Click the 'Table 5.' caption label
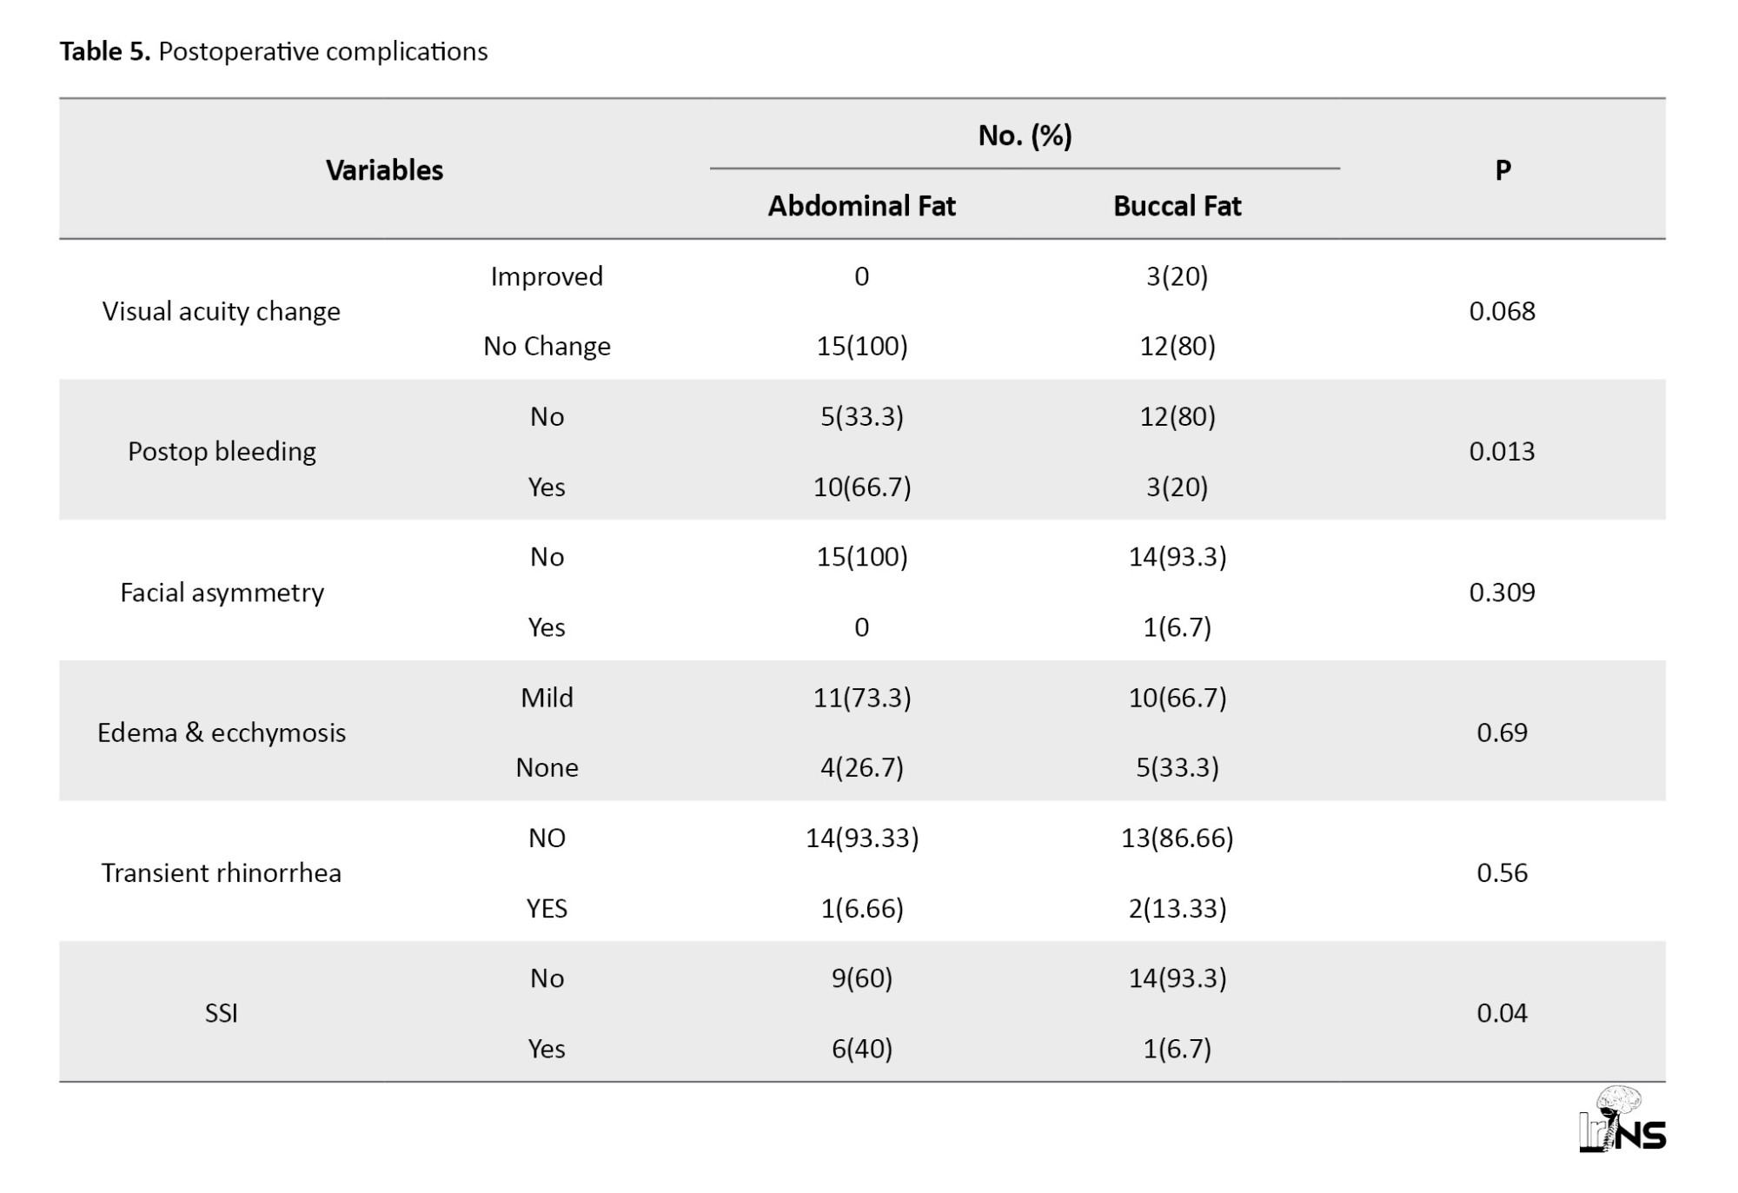[x=105, y=51]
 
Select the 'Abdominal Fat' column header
[x=861, y=206]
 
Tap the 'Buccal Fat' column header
[x=1177, y=206]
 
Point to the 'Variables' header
[x=384, y=170]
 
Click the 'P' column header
[x=1503, y=170]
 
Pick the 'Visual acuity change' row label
[x=222, y=311]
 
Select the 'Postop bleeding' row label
[x=222, y=452]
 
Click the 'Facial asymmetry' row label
[x=222, y=593]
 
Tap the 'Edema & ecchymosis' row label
[x=222, y=732]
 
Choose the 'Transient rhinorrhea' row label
[x=222, y=872]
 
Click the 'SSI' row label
[x=222, y=1013]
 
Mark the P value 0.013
[x=1503, y=452]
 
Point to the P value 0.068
[x=1503, y=311]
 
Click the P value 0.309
[x=1503, y=593]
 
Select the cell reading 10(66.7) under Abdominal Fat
[x=862, y=487]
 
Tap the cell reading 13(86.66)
[x=1177, y=838]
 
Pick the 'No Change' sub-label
[x=547, y=347]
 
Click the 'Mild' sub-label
[x=547, y=698]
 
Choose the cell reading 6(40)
[x=862, y=1049]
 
